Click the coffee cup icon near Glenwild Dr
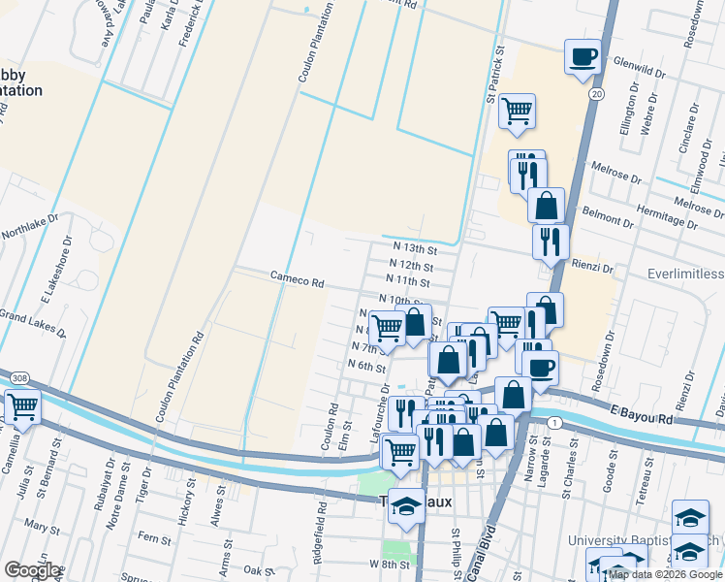pyautogui.click(x=583, y=56)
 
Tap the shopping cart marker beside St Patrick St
pyautogui.click(x=518, y=111)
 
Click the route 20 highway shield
pyautogui.click(x=596, y=93)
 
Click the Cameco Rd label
pyautogui.click(x=297, y=280)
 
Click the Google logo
pyautogui.click(x=32, y=570)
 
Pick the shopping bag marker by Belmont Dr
pyautogui.click(x=547, y=206)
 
